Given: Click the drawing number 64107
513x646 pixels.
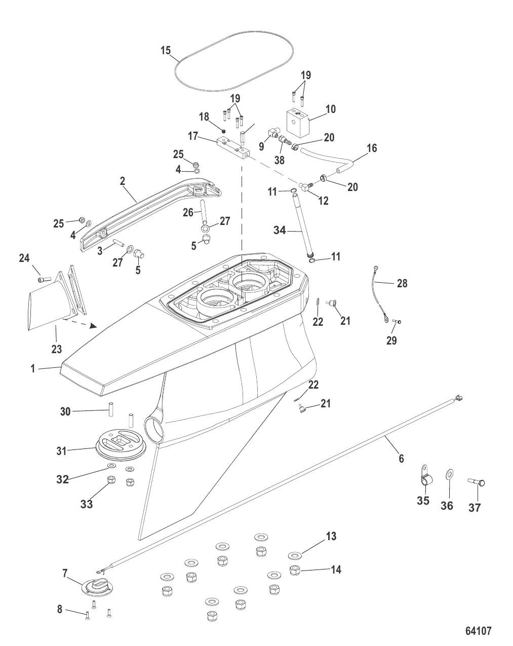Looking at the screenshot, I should pyautogui.click(x=479, y=631).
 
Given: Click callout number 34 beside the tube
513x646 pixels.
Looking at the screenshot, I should pyautogui.click(x=280, y=231).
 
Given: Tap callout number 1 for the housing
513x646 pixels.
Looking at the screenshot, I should pyautogui.click(x=33, y=369).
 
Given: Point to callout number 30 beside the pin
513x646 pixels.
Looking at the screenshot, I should pyautogui.click(x=65, y=412).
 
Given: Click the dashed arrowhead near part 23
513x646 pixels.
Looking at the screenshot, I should pyautogui.click(x=93, y=326).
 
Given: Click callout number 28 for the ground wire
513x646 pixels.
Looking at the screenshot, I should pyautogui.click(x=402, y=283).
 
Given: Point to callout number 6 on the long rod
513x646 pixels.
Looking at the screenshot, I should pyautogui.click(x=401, y=459).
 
